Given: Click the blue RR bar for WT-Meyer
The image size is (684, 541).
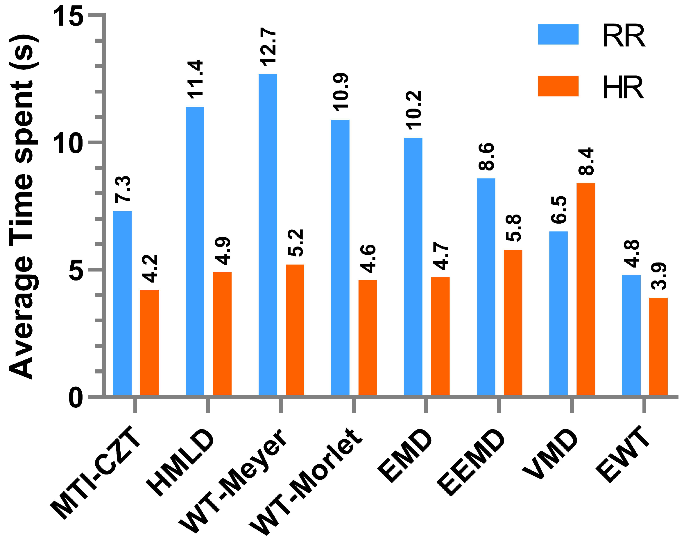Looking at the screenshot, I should click(268, 234).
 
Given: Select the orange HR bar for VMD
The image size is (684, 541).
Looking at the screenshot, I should click(585, 289).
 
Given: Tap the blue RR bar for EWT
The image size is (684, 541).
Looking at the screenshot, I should click(631, 335).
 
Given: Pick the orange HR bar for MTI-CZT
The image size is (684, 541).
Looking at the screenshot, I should click(149, 342).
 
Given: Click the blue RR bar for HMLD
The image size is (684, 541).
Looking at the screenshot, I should click(195, 251).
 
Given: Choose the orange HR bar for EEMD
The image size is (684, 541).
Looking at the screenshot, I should click(513, 322).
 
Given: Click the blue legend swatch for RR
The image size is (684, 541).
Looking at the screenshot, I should click(558, 34).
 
